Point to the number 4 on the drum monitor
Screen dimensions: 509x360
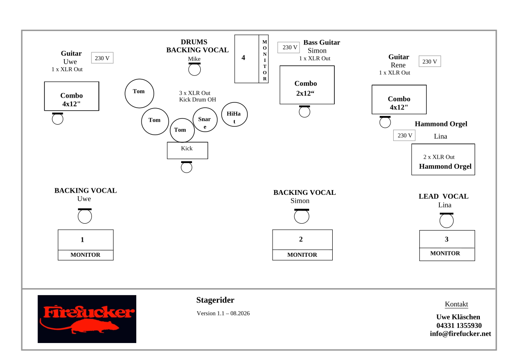(x=243, y=58)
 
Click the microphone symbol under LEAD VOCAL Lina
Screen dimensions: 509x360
(x=446, y=220)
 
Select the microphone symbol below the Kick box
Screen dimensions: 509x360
(x=186, y=167)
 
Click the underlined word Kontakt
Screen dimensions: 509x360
(x=456, y=304)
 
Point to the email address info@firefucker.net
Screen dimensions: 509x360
(x=460, y=334)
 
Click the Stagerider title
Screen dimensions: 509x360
(x=215, y=300)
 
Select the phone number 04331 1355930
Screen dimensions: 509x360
(x=459, y=326)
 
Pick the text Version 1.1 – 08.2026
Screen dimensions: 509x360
(x=223, y=313)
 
